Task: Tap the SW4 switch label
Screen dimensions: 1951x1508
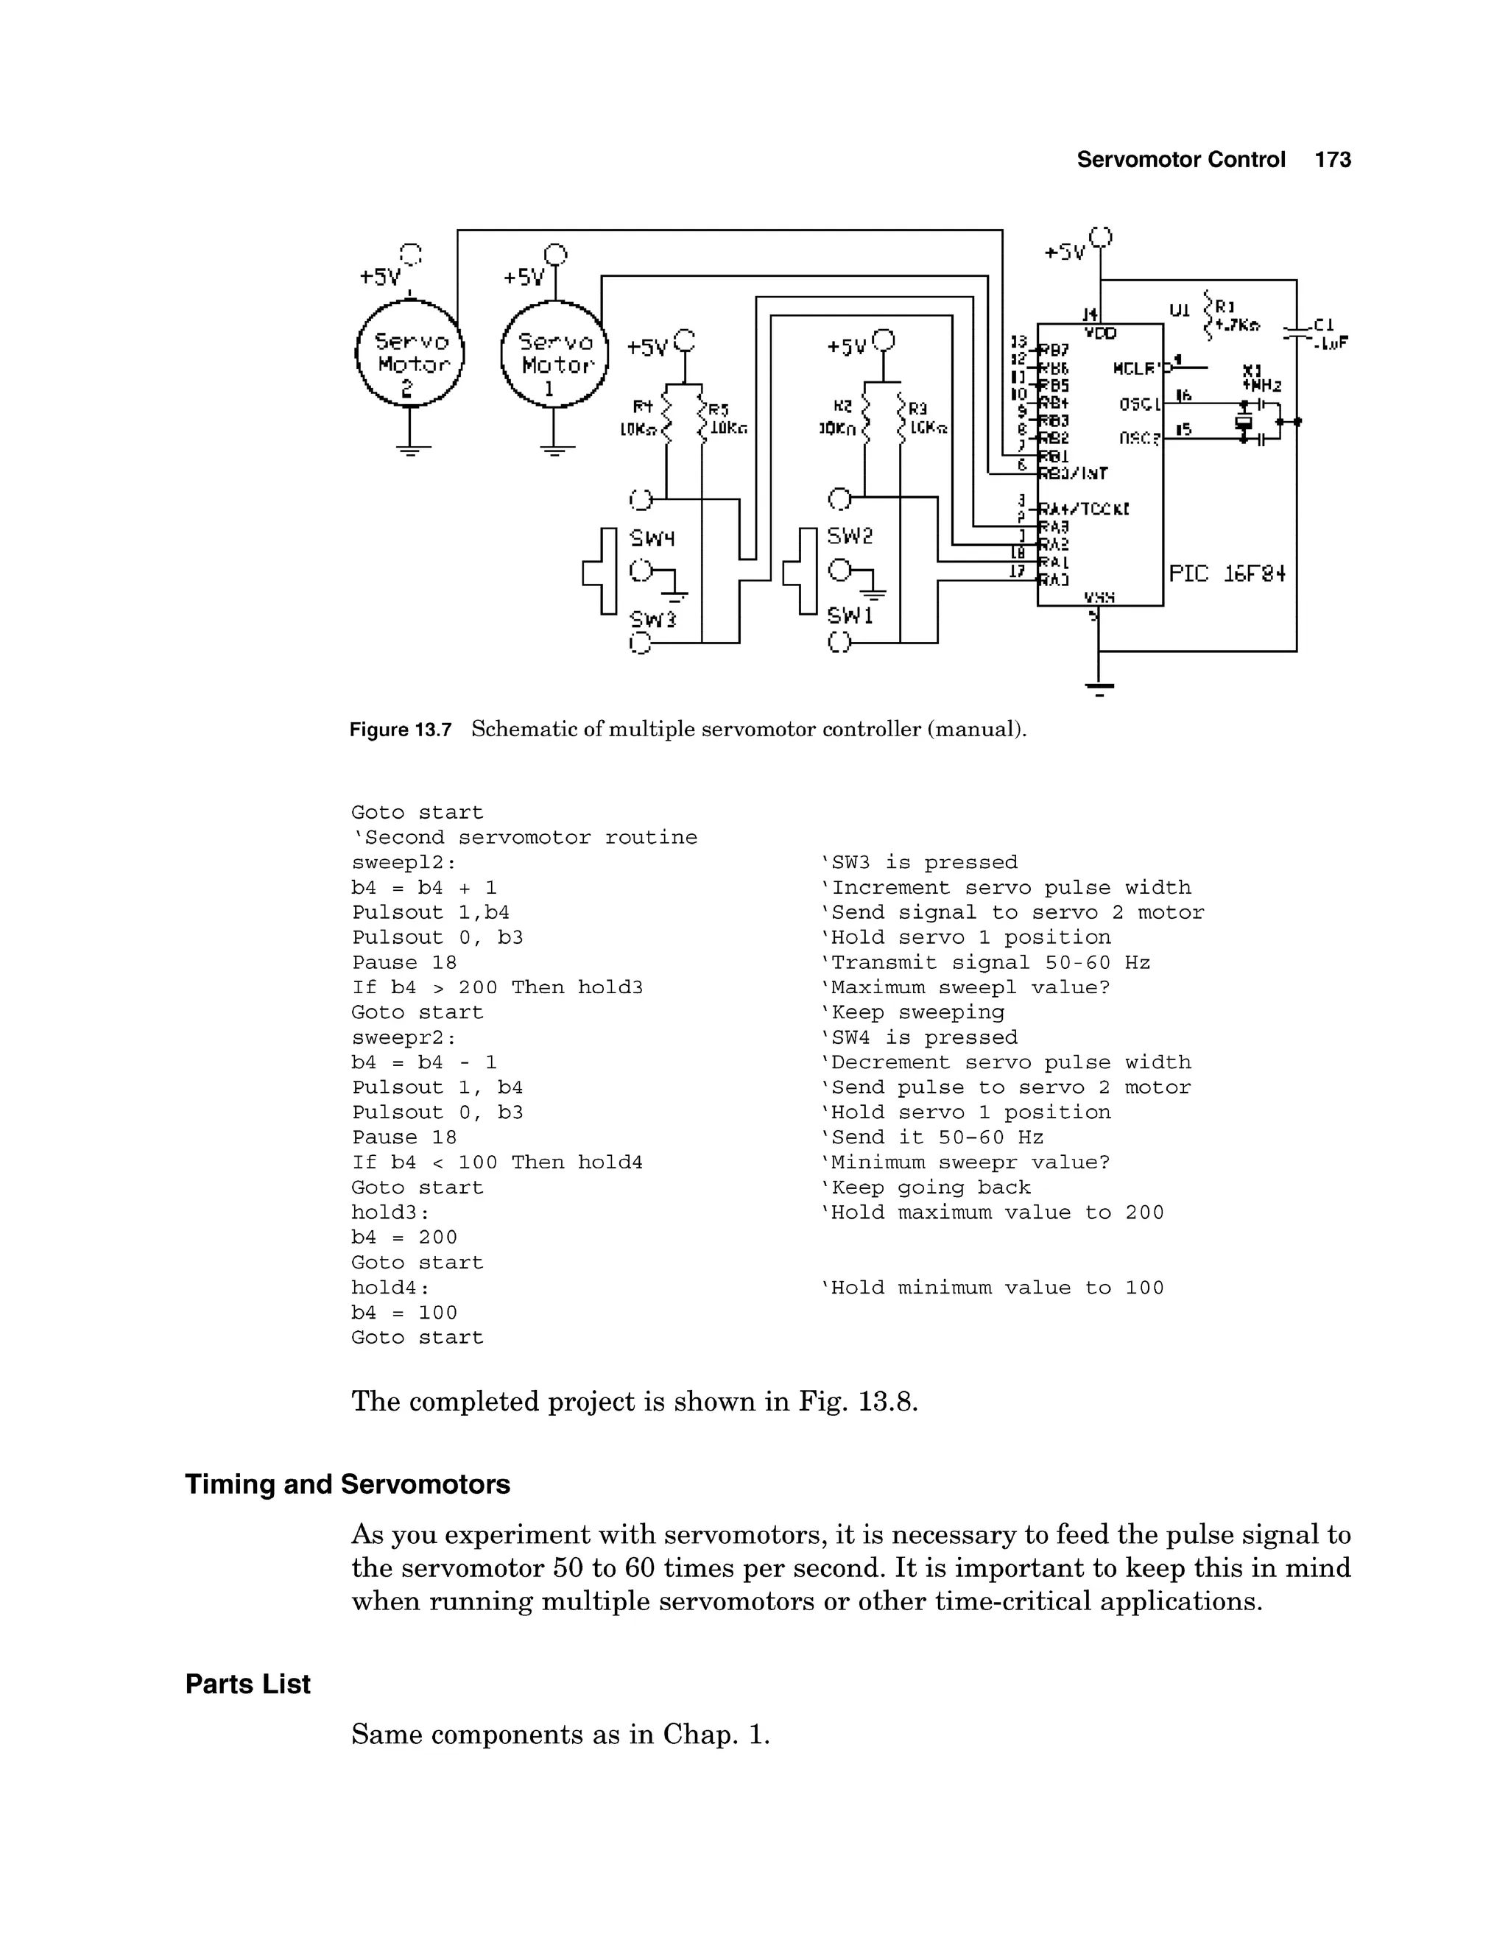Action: [652, 539]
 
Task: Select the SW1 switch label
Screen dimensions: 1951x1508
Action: [850, 615]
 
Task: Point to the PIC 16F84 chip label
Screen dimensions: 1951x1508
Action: [1227, 574]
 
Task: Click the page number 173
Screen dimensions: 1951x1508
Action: [1332, 160]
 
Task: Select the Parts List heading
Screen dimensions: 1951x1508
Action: [247, 1684]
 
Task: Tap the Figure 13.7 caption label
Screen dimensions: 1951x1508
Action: [401, 730]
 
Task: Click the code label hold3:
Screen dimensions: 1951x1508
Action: [390, 1213]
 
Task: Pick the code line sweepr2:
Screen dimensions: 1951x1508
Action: [404, 1037]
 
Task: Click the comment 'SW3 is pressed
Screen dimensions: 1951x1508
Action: [918, 862]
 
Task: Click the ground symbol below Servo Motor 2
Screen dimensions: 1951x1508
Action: [409, 449]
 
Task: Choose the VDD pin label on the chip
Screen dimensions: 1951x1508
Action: [1100, 334]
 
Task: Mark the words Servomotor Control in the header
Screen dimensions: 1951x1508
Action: [1180, 160]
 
